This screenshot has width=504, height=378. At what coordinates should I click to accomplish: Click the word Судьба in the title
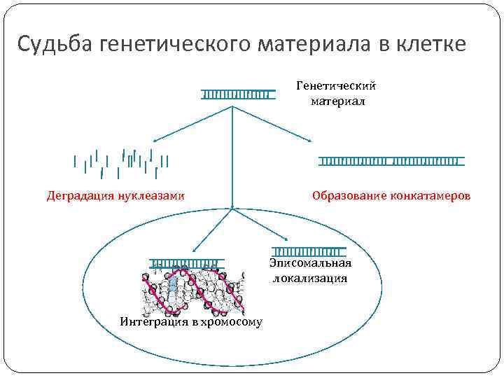pos(56,45)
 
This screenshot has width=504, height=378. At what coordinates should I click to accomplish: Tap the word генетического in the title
pos(178,45)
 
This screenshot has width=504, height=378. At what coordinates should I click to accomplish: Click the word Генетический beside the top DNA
pos(337,85)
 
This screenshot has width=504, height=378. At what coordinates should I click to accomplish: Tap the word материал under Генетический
pos(337,101)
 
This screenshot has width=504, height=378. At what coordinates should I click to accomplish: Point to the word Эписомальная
pos(310,264)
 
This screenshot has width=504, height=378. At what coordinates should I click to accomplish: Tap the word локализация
pos(310,278)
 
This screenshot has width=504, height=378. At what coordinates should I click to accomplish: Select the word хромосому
pos(232,322)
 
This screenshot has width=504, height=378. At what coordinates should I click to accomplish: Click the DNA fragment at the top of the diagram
pos(236,94)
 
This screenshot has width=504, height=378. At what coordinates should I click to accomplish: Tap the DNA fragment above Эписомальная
pos(309,251)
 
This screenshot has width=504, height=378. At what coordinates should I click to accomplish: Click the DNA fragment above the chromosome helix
pos(185,263)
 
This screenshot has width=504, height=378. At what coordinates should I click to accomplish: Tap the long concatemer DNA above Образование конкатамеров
pos(392,161)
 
